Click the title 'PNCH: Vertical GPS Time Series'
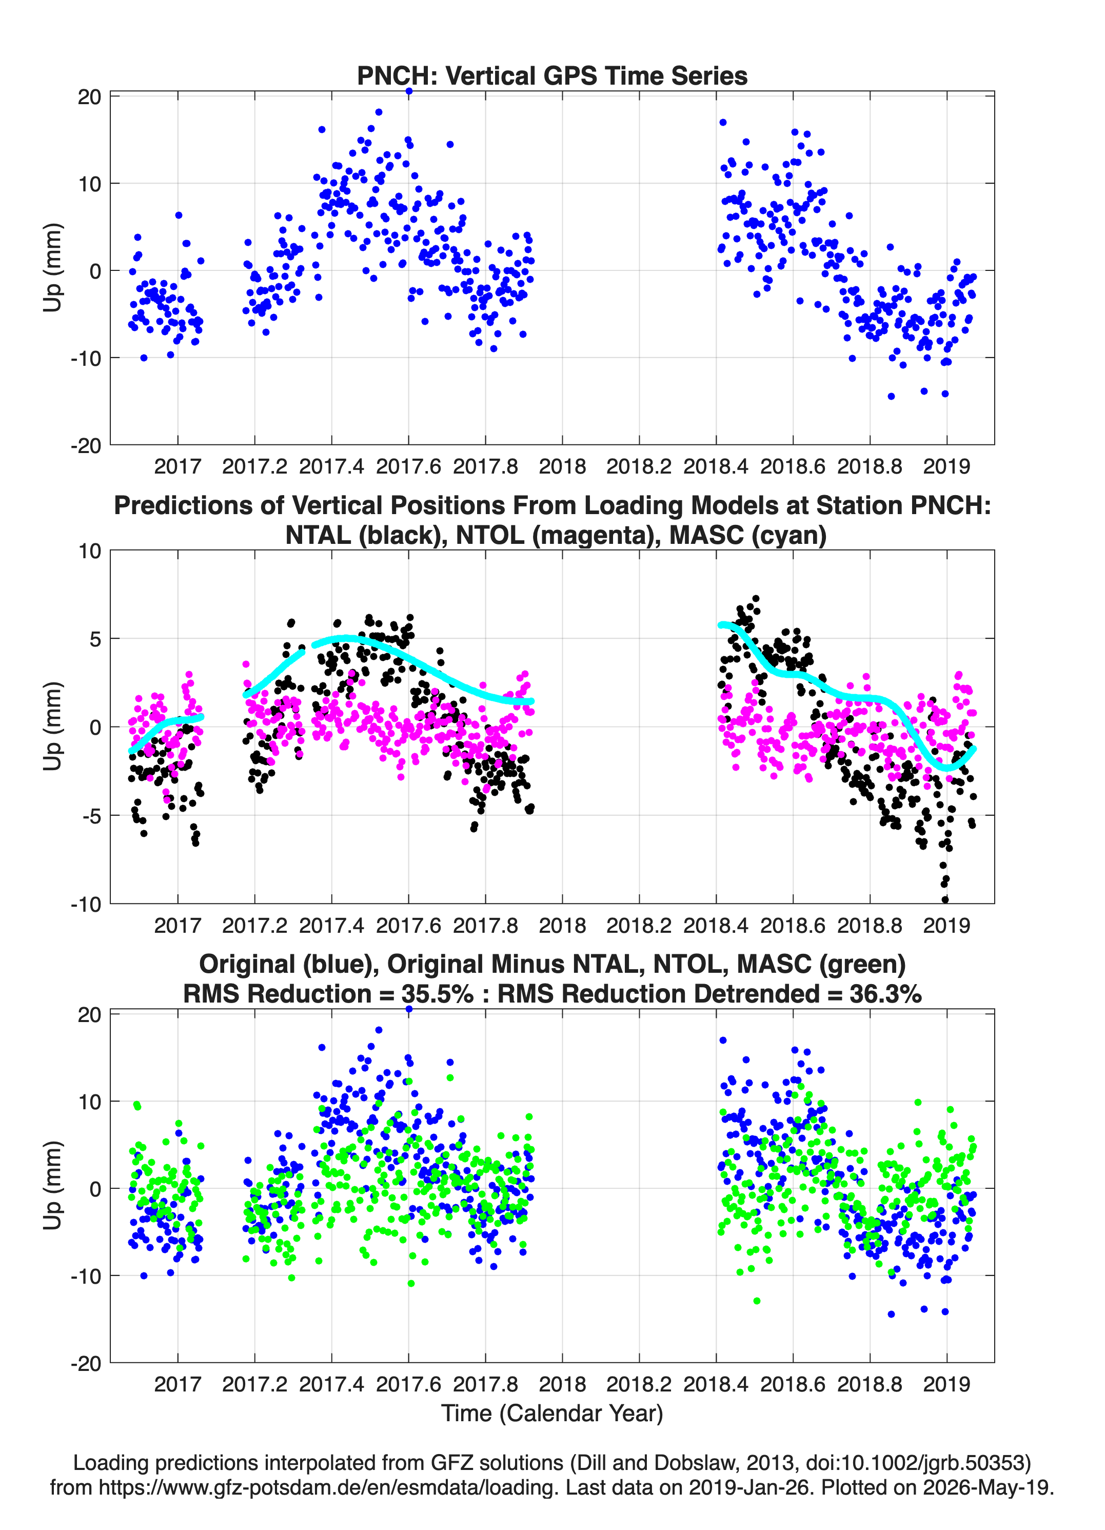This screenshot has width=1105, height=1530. (552, 75)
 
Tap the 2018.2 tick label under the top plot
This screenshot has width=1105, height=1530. (639, 466)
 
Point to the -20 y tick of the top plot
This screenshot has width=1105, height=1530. (86, 445)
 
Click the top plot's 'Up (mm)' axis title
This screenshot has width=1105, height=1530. (53, 267)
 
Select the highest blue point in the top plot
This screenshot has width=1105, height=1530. (409, 91)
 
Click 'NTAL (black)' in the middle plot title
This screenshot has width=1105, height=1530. (364, 535)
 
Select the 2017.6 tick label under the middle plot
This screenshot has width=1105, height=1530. (408, 925)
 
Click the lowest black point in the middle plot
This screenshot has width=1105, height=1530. (944, 900)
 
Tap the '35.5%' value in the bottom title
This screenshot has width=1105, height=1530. (437, 994)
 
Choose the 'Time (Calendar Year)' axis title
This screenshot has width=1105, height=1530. (552, 1413)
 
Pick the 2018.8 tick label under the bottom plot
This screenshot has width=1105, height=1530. (870, 1384)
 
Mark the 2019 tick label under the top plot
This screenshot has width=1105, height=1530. (946, 466)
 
